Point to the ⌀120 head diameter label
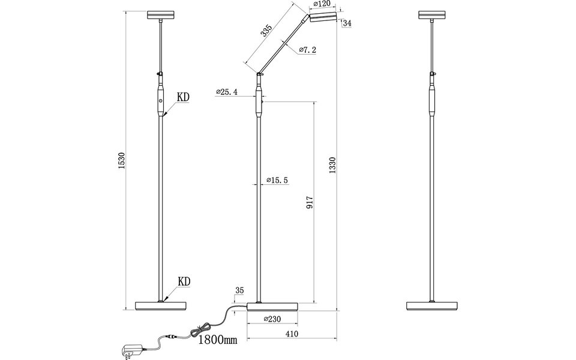pyautogui.click(x=322, y=5)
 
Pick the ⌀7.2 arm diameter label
pyautogui.click(x=307, y=50)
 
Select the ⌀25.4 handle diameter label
pyautogui.click(x=227, y=92)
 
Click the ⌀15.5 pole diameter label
pyautogui.click(x=277, y=180)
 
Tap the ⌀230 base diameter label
pyautogui.click(x=273, y=320)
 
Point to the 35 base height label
pyautogui.click(x=239, y=290)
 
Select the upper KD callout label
pyautogui.click(x=184, y=96)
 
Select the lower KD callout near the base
pyautogui.click(x=184, y=281)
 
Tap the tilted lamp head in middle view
pyautogui.click(x=323, y=19)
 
